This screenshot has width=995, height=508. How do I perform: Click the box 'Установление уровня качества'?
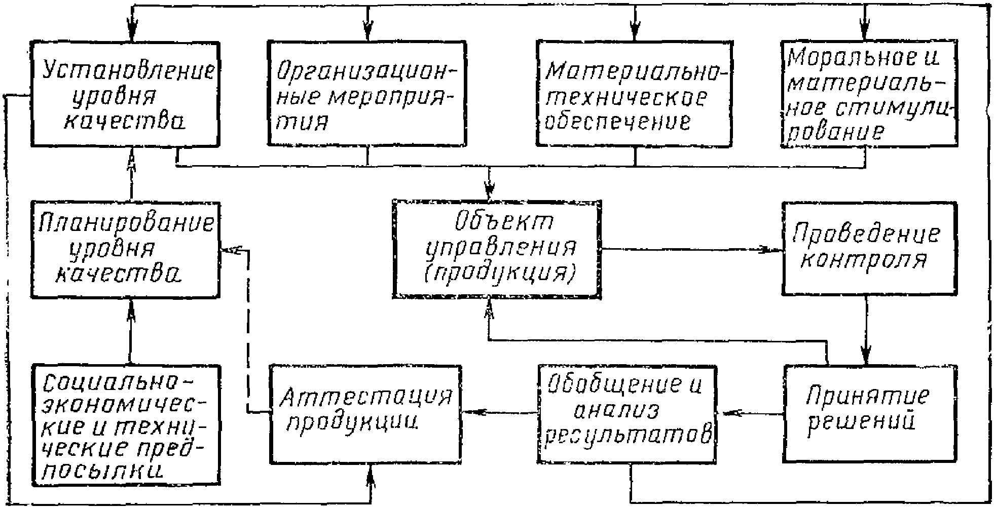(x=125, y=94)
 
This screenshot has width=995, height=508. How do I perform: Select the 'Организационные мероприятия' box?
(x=366, y=94)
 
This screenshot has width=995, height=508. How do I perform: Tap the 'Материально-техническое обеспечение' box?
(x=634, y=94)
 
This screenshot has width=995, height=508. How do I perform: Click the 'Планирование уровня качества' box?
(x=125, y=249)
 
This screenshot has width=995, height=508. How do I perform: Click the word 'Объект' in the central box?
(x=503, y=222)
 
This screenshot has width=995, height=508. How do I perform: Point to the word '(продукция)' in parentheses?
(x=499, y=274)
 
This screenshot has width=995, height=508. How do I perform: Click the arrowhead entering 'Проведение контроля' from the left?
(x=776, y=250)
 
